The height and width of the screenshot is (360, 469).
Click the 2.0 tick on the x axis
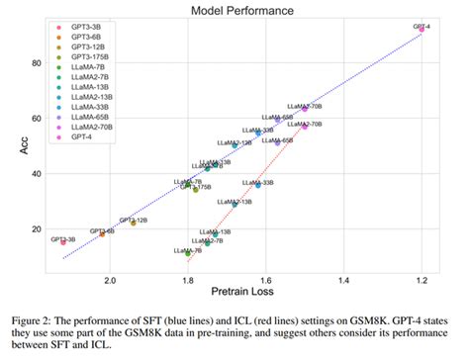pos(110,280)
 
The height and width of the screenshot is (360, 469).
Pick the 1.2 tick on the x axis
pos(422,280)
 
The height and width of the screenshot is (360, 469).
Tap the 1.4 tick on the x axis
pos(344,280)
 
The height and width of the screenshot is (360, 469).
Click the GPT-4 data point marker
pos(422,30)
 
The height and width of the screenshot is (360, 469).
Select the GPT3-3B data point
pos(63,241)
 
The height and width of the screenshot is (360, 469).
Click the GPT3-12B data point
pos(134,223)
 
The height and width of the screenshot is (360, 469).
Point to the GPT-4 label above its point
pos(422,22)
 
